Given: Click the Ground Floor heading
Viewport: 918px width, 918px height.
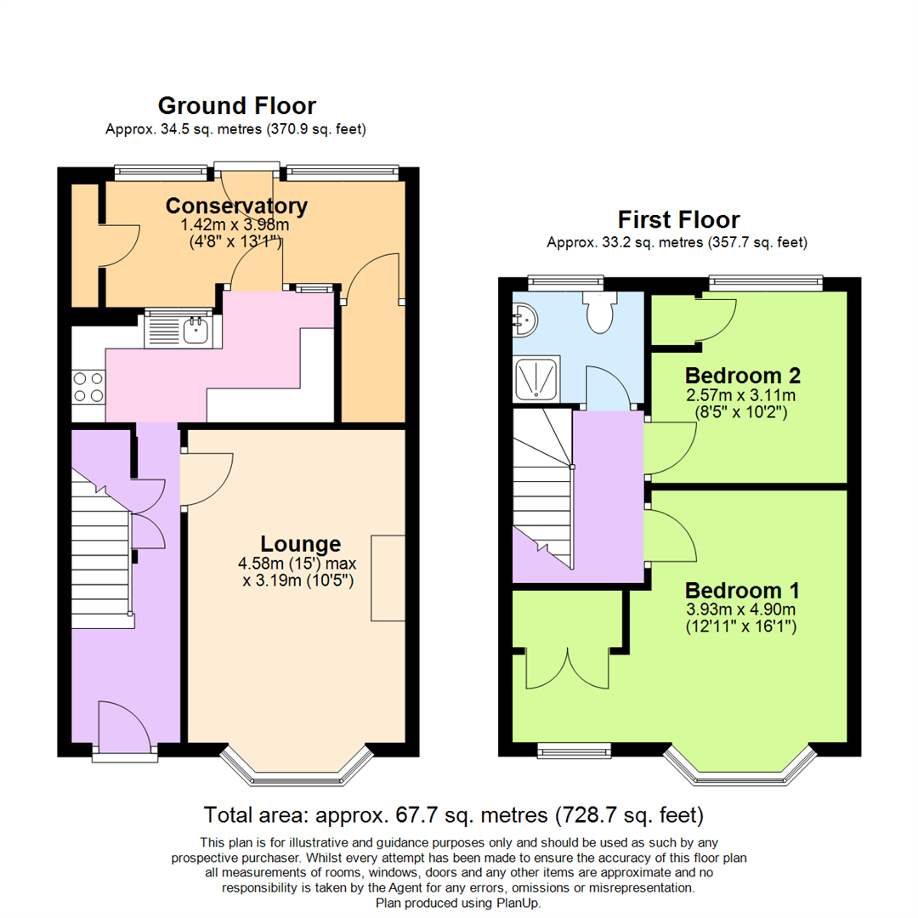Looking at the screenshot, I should click(236, 105).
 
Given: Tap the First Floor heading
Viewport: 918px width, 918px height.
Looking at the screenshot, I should click(678, 219).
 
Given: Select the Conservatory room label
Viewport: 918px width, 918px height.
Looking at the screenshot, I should click(236, 206).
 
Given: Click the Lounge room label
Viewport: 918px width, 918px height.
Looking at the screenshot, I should click(301, 544).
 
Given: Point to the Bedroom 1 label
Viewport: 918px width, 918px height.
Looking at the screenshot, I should click(742, 590).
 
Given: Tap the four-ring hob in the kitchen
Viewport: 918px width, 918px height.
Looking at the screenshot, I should click(88, 387).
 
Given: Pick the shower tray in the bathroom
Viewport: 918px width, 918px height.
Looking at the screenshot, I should click(537, 377).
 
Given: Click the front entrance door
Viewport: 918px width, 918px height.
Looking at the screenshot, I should click(125, 729).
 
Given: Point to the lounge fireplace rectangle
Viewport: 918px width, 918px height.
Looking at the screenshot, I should click(388, 578).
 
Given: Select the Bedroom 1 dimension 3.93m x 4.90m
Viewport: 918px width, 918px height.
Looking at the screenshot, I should click(742, 609).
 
